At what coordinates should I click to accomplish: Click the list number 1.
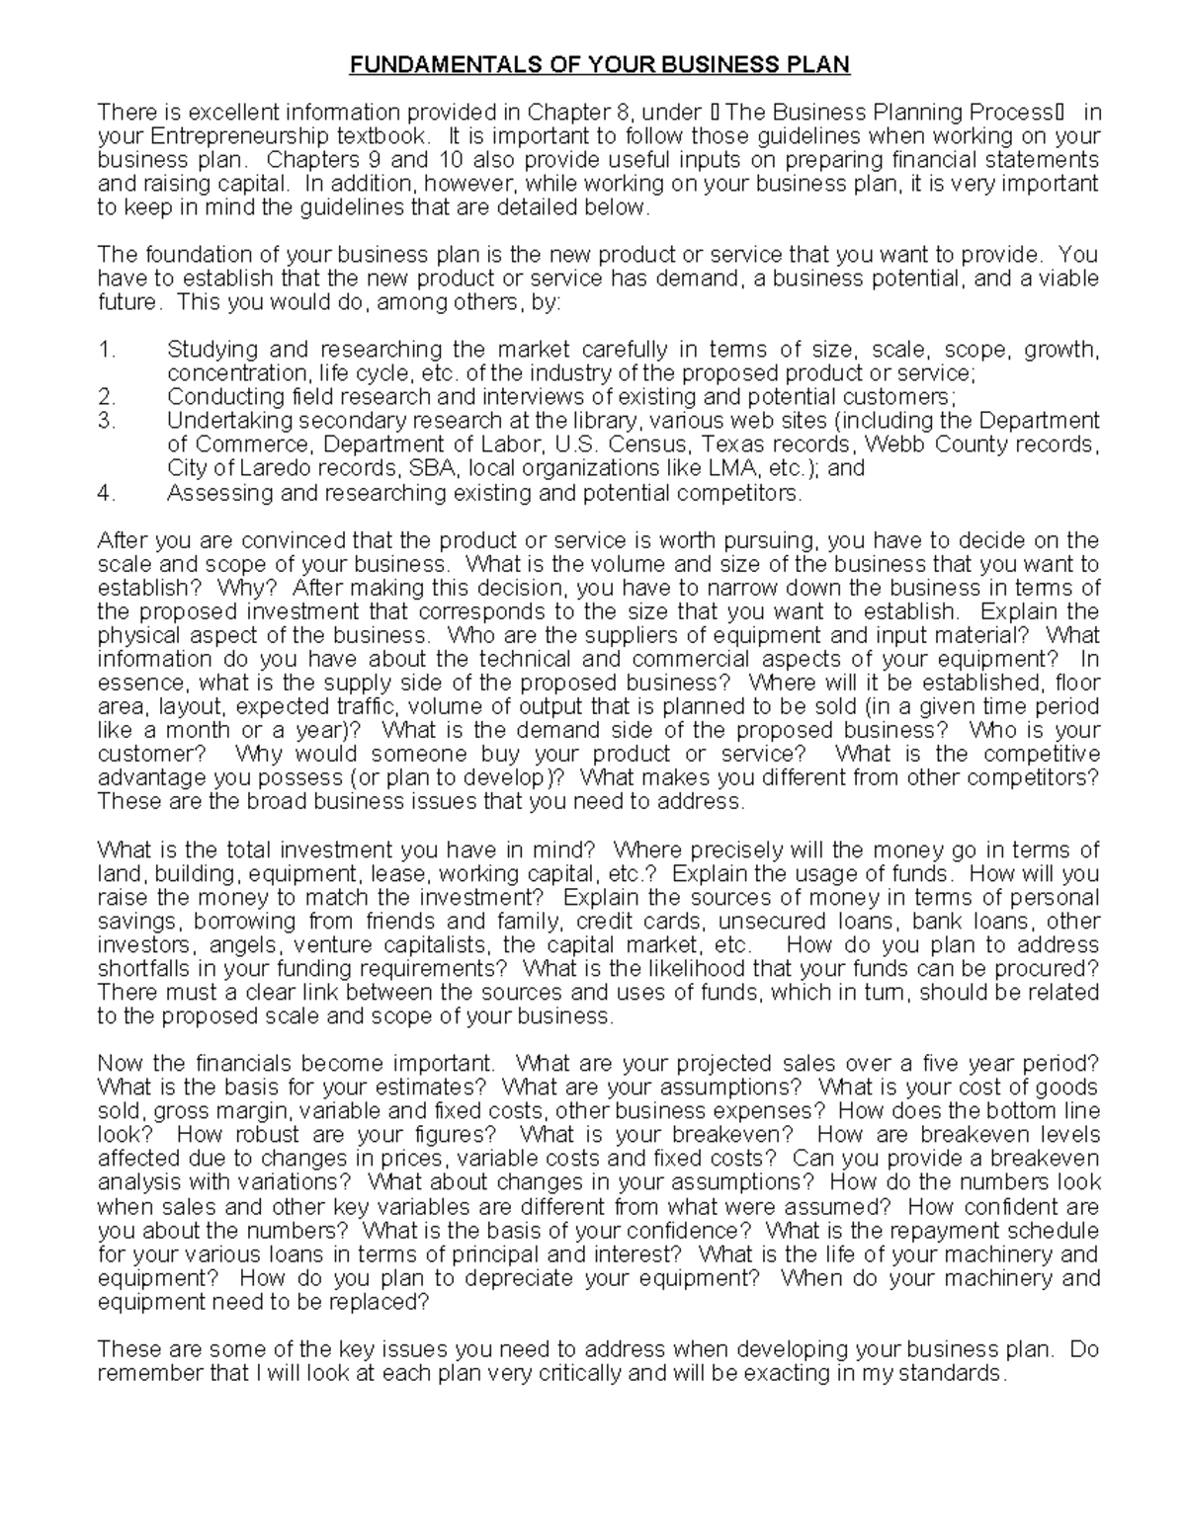(107, 350)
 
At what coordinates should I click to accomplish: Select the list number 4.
(107, 493)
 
